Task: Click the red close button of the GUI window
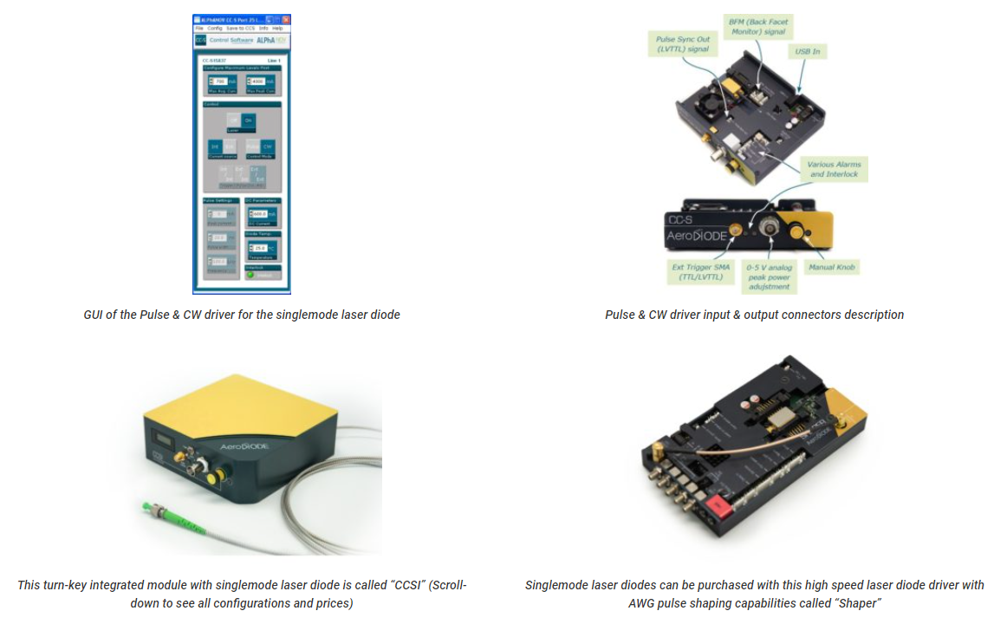pyautogui.click(x=286, y=19)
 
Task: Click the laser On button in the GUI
pyautogui.click(x=248, y=120)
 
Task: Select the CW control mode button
pyautogui.click(x=268, y=147)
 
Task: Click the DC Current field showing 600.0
pyautogui.click(x=258, y=214)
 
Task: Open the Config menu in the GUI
pyautogui.click(x=215, y=29)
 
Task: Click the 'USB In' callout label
pyautogui.click(x=807, y=52)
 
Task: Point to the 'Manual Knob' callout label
pyautogui.click(x=832, y=267)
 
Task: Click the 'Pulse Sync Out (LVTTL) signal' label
pyautogui.click(x=685, y=43)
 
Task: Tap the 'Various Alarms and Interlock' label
pyautogui.click(x=834, y=169)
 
